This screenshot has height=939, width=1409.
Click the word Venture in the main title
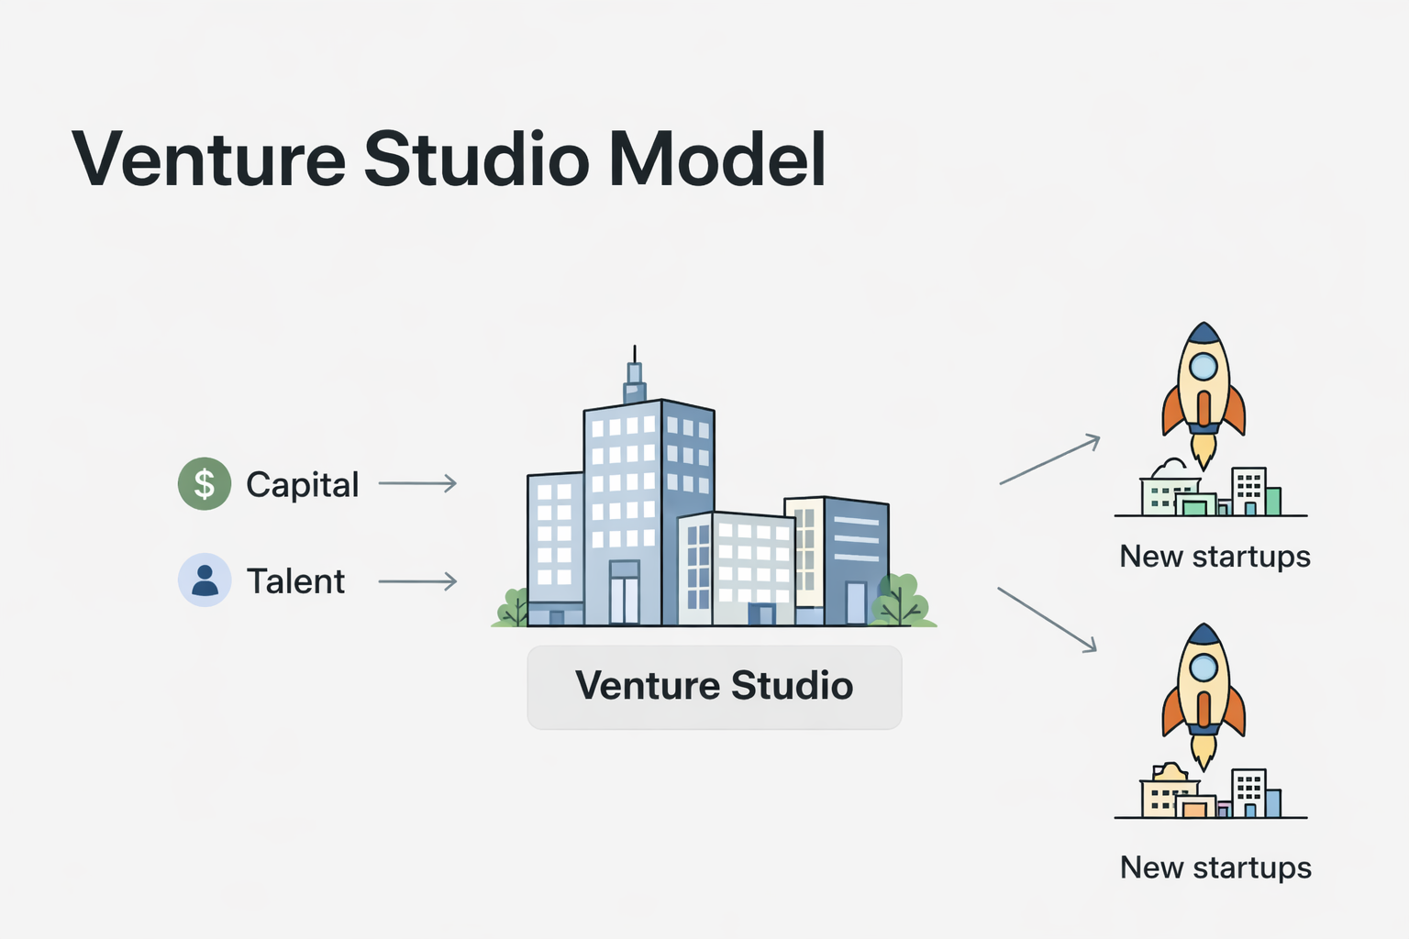click(209, 160)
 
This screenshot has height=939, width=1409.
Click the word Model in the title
click(716, 160)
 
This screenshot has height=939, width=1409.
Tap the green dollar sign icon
click(204, 483)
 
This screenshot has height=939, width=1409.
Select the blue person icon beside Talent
click(204, 580)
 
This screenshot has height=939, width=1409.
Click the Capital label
click(302, 484)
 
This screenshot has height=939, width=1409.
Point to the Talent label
click(295, 581)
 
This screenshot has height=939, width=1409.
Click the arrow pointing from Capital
click(417, 483)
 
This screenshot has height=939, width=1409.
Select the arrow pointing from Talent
click(417, 580)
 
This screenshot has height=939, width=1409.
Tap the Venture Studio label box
click(714, 686)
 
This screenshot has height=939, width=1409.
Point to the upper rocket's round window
click(1203, 367)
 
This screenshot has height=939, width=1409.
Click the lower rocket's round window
click(1203, 668)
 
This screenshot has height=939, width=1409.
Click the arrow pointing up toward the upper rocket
click(1049, 459)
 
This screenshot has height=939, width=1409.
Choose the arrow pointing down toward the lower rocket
click(1047, 620)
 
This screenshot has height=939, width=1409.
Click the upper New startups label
click(1215, 557)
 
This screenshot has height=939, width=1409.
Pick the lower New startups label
click(1215, 867)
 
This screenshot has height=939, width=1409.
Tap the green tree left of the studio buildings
click(513, 607)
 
